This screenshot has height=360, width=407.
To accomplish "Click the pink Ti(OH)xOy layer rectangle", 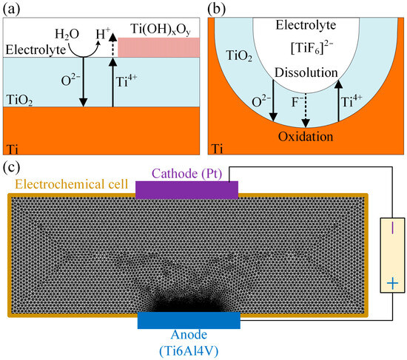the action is (x=159, y=47).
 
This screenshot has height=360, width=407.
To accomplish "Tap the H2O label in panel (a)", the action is (x=67, y=35).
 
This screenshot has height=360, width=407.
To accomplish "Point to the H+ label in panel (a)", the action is (x=102, y=33).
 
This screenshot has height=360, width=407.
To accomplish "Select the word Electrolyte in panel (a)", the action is (x=36, y=50).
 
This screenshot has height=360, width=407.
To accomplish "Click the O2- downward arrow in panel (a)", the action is (x=83, y=82).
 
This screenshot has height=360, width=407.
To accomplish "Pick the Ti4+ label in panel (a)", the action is (x=127, y=81).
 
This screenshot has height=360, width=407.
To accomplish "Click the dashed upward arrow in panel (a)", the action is (x=112, y=44).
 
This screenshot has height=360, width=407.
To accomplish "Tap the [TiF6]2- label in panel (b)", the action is (x=312, y=47).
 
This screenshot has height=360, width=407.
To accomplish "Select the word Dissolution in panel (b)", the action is (x=306, y=72).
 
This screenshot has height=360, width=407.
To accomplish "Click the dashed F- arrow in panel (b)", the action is (x=306, y=110).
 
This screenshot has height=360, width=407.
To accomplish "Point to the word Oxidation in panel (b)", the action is (x=306, y=137).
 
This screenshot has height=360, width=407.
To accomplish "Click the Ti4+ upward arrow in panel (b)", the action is (x=338, y=101).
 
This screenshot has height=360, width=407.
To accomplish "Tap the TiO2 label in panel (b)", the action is (x=239, y=55).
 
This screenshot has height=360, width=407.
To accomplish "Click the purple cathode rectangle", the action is (x=187, y=190).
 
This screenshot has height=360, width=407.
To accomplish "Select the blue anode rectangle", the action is (x=189, y=320).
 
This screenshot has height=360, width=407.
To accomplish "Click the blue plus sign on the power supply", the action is (x=392, y=283).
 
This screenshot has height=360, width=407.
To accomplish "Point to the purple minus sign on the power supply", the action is (x=392, y=228).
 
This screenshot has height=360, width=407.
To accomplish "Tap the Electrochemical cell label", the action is (x=72, y=184).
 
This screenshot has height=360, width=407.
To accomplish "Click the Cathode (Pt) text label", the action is (x=187, y=174).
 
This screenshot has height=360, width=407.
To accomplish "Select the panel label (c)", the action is (x=11, y=168).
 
